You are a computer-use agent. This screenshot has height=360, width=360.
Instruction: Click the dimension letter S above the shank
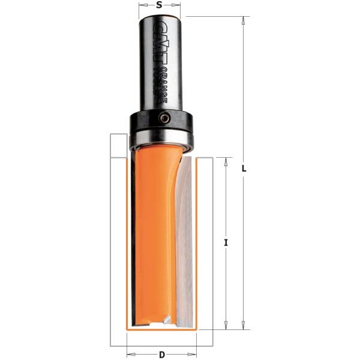159,5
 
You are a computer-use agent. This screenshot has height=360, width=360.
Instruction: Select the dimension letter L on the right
244,169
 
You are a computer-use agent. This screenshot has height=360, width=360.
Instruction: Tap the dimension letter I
226,242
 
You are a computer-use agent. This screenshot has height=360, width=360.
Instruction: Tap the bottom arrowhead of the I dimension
225,325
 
